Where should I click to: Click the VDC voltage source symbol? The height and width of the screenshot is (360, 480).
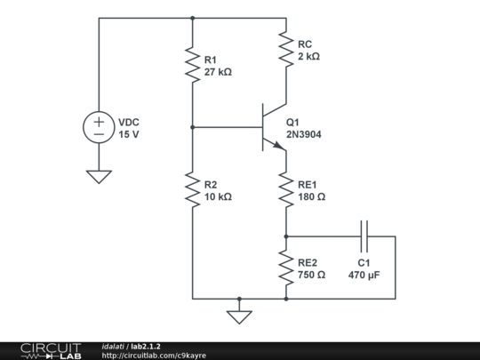[x=99, y=127]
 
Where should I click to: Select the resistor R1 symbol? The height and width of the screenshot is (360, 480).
[x=192, y=65]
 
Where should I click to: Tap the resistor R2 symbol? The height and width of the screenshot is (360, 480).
[x=192, y=189]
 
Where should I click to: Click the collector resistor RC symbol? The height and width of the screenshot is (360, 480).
[x=286, y=48]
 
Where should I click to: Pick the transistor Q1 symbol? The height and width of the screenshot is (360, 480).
[x=271, y=127]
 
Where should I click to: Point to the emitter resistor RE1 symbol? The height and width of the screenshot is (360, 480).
[x=286, y=189]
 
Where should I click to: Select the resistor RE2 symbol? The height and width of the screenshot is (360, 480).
[x=286, y=268]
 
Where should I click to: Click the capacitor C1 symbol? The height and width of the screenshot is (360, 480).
[x=364, y=236]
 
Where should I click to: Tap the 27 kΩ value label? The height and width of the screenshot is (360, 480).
[x=218, y=72]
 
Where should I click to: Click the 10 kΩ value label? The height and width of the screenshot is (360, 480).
[x=218, y=196]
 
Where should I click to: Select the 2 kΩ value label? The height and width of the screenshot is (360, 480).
[x=308, y=56]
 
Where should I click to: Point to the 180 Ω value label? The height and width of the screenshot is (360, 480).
[x=312, y=196]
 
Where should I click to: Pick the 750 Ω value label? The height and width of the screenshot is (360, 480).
[x=312, y=276]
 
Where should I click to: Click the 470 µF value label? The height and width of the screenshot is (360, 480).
[x=364, y=276]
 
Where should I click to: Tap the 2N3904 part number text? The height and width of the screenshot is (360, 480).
[x=305, y=134]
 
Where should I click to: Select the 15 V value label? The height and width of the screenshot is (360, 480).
[x=129, y=134]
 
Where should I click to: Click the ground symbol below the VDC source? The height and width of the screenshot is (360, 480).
[x=99, y=176]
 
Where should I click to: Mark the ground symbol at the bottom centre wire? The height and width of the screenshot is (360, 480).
[x=239, y=314]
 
